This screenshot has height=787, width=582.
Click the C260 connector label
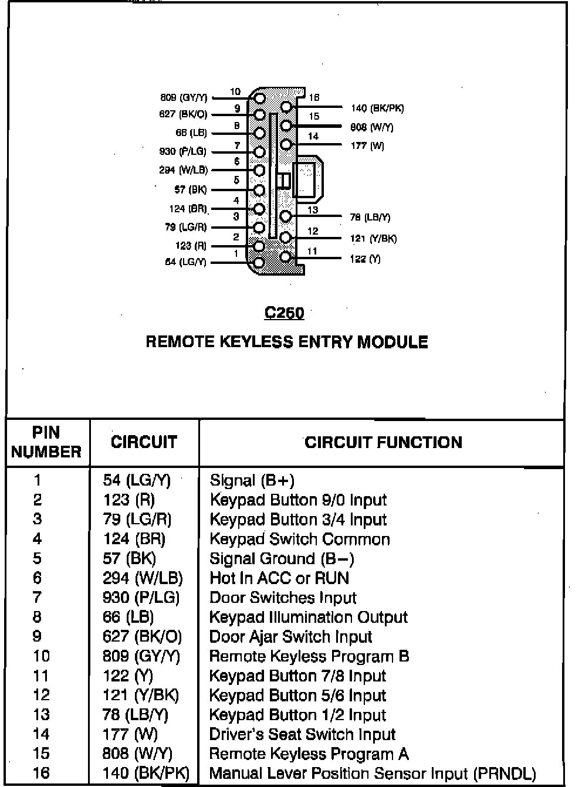(x=284, y=313)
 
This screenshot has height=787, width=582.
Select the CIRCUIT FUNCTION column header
(x=383, y=442)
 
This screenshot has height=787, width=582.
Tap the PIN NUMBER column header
(x=46, y=442)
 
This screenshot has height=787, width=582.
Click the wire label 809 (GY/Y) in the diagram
(x=184, y=97)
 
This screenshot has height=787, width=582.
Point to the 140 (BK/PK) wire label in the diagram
(x=377, y=108)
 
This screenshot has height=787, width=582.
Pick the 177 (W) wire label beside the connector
(x=367, y=145)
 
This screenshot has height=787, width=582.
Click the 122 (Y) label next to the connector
(x=365, y=259)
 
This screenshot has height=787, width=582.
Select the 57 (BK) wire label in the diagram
(x=191, y=189)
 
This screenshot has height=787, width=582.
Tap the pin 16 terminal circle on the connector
(x=286, y=107)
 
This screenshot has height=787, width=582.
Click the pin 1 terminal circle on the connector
(x=259, y=262)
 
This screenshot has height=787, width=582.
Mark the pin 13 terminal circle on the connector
(x=286, y=216)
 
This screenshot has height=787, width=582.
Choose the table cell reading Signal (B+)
(x=252, y=480)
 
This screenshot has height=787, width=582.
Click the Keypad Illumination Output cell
(x=309, y=617)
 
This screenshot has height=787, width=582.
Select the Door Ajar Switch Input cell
(x=291, y=637)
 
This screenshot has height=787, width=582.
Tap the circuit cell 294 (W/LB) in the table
(x=143, y=578)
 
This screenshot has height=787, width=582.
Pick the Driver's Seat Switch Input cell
(x=303, y=734)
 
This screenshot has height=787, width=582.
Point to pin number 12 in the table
(x=41, y=696)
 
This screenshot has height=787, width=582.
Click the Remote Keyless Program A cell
(x=309, y=754)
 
